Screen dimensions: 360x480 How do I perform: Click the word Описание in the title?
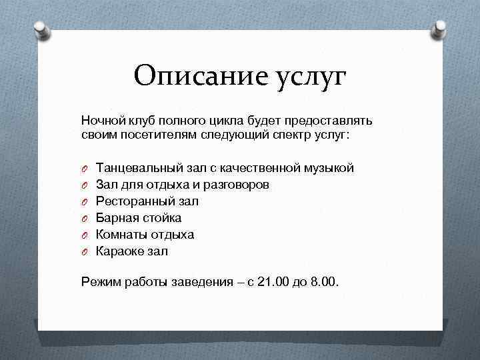(190, 76)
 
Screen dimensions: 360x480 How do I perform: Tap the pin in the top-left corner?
(41, 30)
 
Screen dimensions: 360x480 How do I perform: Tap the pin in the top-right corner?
(440, 28)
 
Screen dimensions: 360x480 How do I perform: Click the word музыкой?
(329, 168)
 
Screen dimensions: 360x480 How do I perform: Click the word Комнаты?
(121, 235)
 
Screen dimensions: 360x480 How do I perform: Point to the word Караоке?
(120, 251)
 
